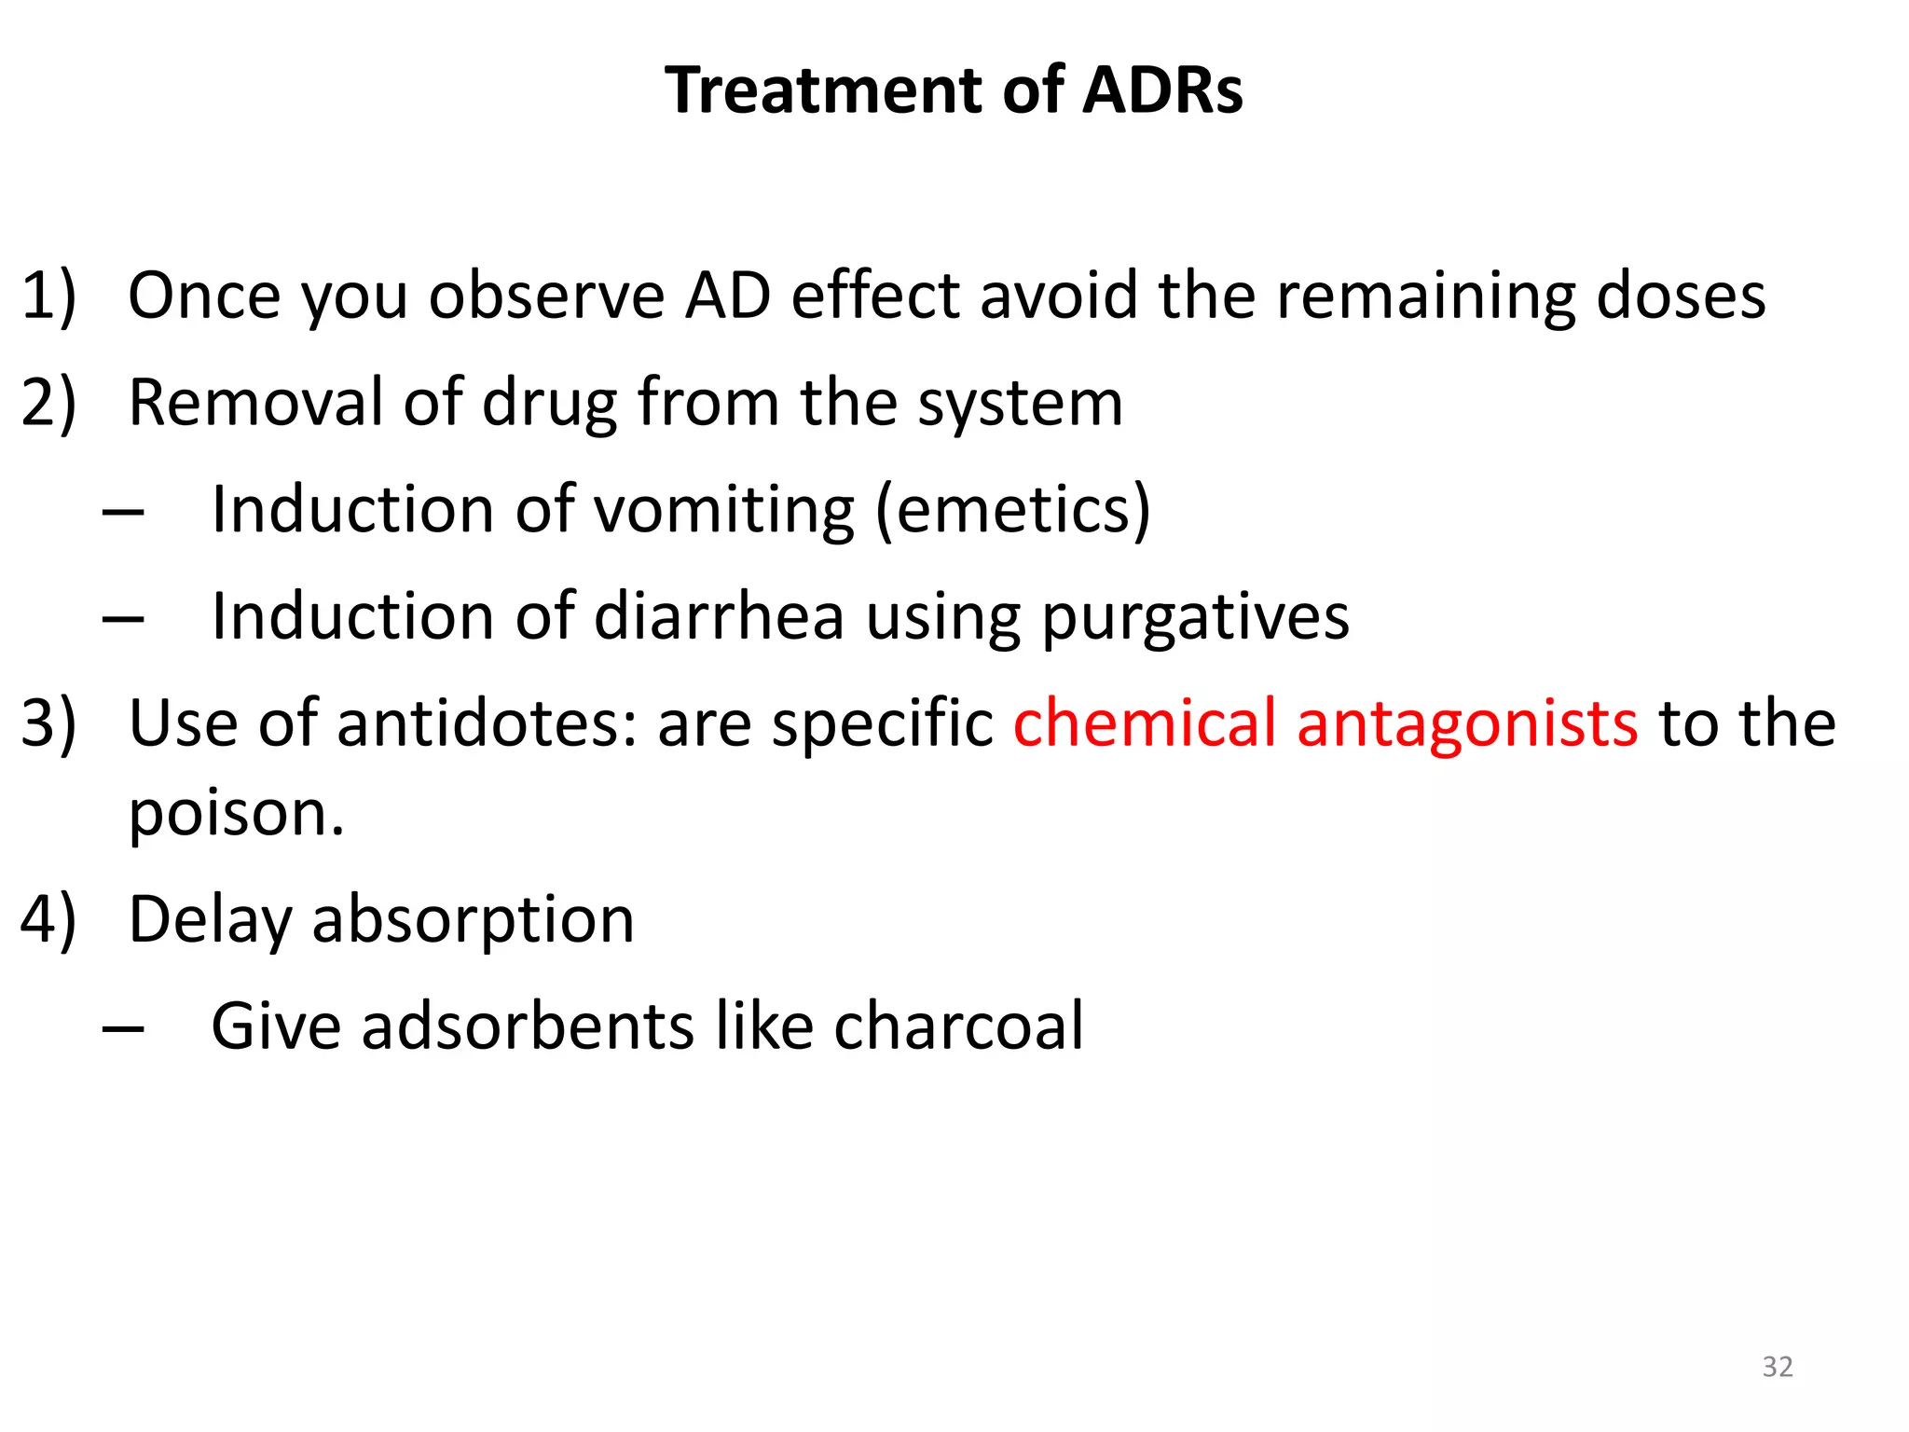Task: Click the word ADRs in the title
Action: (x=1162, y=90)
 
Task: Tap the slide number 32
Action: (x=1778, y=1367)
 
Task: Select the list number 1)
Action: (x=48, y=296)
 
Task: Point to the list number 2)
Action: (x=48, y=403)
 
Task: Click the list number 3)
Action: (x=48, y=723)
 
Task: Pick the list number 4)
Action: (x=48, y=920)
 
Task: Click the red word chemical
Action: (x=1145, y=723)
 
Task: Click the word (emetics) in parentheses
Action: (x=1013, y=511)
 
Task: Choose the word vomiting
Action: (x=723, y=511)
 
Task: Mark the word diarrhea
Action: (x=719, y=616)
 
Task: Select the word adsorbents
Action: (x=529, y=1026)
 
